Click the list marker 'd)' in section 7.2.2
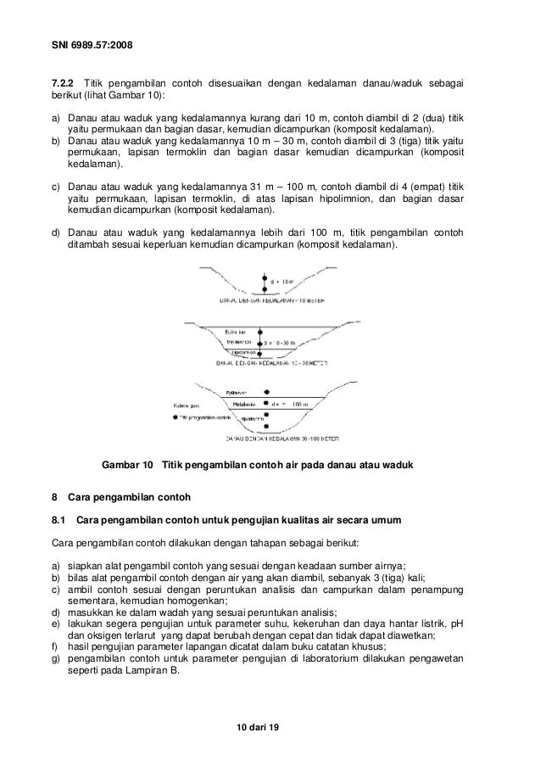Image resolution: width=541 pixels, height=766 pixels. [56, 232]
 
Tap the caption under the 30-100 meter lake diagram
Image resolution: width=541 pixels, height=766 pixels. [270, 439]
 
